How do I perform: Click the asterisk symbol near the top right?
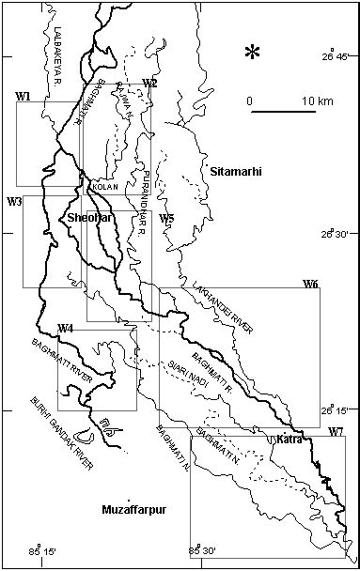[x=252, y=53]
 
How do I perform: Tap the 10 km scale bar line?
[x=283, y=113]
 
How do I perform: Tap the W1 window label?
[x=24, y=96]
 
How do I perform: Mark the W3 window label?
[x=14, y=202]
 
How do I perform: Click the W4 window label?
[x=66, y=328]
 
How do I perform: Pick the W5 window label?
[x=166, y=219]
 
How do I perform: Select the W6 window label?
[x=310, y=284]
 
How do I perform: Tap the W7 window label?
[x=336, y=431]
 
